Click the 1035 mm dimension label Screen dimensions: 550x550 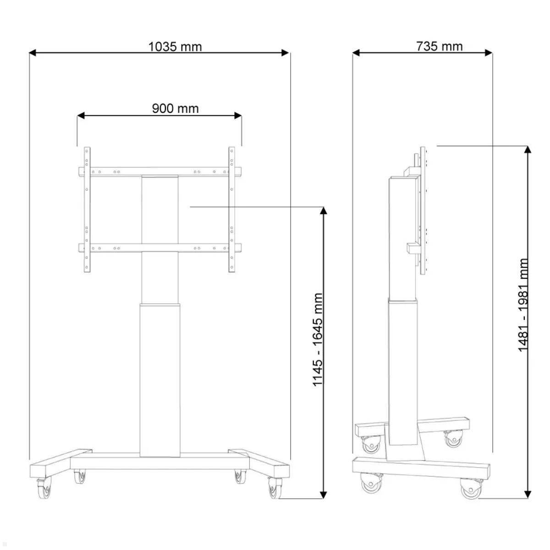(175, 46)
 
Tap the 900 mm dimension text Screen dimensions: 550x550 (175, 108)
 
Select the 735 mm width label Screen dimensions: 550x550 (439, 46)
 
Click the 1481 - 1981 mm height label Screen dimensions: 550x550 (523, 305)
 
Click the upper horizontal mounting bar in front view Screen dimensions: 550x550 (159, 171)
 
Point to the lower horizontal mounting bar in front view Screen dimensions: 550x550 (159, 248)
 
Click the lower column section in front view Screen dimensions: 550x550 (159, 378)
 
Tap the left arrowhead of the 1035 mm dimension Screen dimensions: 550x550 (33, 53)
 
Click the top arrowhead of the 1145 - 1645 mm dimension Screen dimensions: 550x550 (324, 211)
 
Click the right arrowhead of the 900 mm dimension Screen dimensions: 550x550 (238, 115)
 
